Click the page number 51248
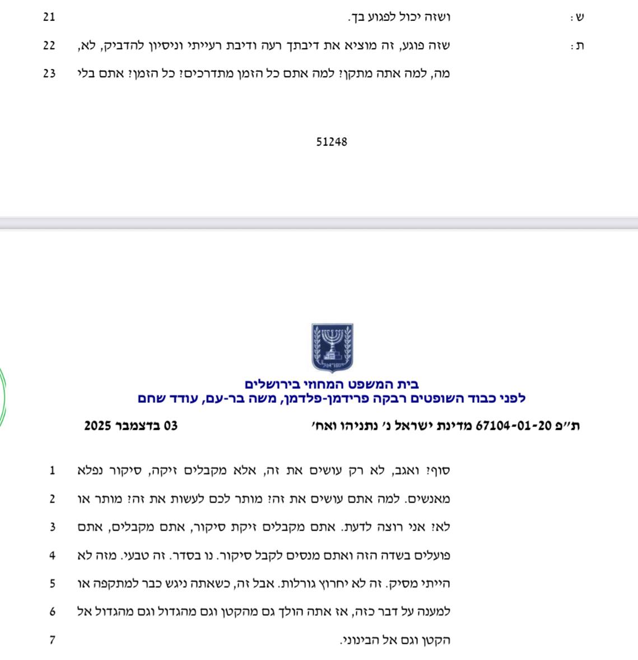(332, 142)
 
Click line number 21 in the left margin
(49, 17)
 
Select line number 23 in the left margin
(49, 73)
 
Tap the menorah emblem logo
(332, 347)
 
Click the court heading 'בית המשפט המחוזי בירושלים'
(332, 384)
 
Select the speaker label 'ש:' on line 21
(577, 17)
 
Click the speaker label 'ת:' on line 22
(577, 46)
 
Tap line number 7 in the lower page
(52, 640)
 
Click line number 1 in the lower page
(52, 471)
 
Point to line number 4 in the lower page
(52, 556)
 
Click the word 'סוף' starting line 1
(439, 471)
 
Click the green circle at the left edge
(2, 398)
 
